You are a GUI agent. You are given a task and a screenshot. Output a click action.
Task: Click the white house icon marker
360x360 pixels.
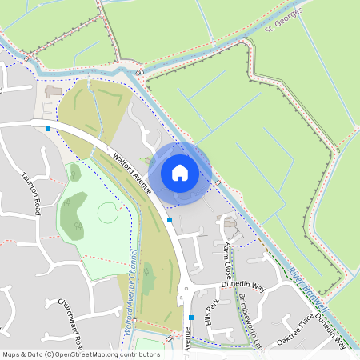pos(179,172)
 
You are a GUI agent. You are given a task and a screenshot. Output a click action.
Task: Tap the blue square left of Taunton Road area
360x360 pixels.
pos(49,128)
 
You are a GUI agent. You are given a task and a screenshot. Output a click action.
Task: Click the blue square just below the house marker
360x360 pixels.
pos(170,219)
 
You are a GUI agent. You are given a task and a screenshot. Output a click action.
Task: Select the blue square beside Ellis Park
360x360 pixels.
pos(190,318)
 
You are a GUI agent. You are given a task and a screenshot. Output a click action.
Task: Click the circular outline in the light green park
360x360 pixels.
pos(108,213)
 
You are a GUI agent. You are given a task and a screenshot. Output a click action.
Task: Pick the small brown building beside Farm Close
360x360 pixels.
pos(230,222)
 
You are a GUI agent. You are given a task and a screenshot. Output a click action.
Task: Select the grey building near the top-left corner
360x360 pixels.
pos(53,92)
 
